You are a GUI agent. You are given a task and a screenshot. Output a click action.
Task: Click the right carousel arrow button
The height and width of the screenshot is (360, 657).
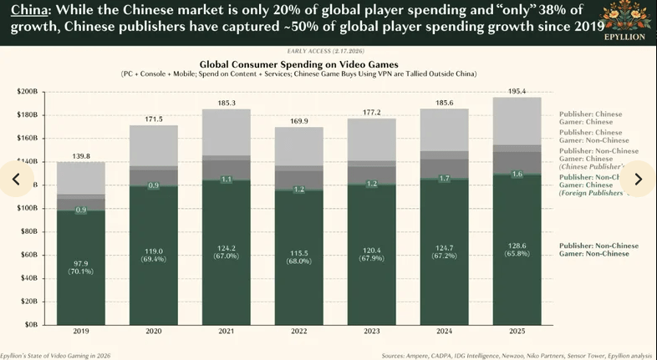[x=638, y=179]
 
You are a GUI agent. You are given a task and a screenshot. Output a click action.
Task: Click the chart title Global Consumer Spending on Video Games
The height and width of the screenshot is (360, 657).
[x=297, y=63]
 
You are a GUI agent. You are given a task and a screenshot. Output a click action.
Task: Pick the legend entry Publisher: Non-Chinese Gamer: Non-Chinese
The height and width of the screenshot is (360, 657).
[x=598, y=250]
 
